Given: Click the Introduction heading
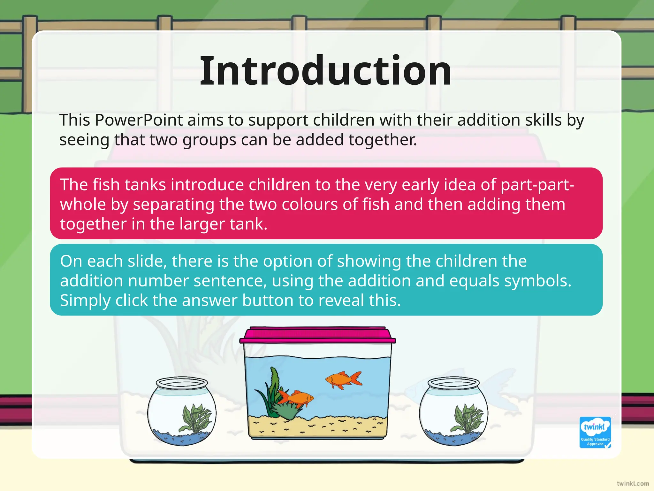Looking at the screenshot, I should [x=326, y=71].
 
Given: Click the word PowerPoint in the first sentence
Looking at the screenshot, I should [x=139, y=121].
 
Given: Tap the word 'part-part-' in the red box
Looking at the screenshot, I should [x=537, y=185].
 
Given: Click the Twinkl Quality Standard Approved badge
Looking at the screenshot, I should [x=595, y=432].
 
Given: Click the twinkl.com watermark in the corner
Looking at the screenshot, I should [x=633, y=483].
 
